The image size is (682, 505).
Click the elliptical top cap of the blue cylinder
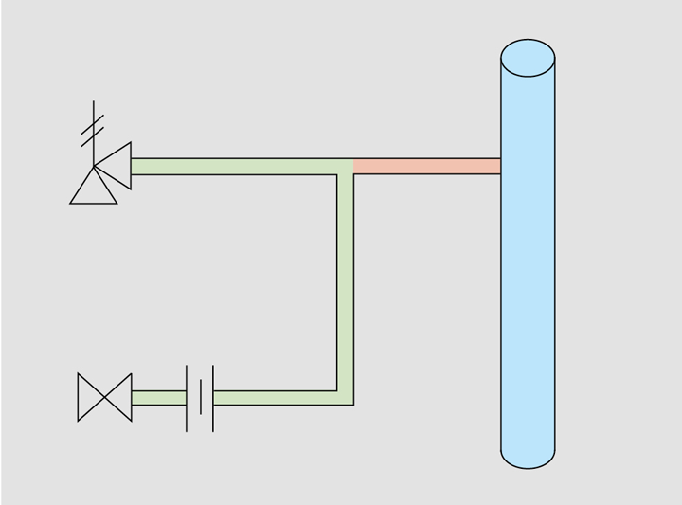tap(528, 58)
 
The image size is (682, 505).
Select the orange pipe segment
tap(426, 167)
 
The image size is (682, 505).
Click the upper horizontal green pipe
tap(237, 167)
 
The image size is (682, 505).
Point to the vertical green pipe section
tap(346, 284)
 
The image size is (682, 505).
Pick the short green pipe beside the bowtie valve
tap(158, 398)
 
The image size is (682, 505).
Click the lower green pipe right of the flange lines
tap(275, 398)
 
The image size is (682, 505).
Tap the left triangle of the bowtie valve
tap(89, 398)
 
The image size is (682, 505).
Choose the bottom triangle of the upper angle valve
tap(94, 190)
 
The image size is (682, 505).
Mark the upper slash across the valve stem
tap(94, 121)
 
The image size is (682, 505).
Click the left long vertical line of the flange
tap(187, 398)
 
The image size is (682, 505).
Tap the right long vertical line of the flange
tap(213, 398)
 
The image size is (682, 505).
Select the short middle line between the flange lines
tap(200, 398)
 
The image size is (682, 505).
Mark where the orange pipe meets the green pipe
tap(353, 167)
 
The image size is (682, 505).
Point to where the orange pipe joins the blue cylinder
tap(500, 167)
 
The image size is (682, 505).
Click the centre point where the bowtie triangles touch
tap(105, 398)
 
